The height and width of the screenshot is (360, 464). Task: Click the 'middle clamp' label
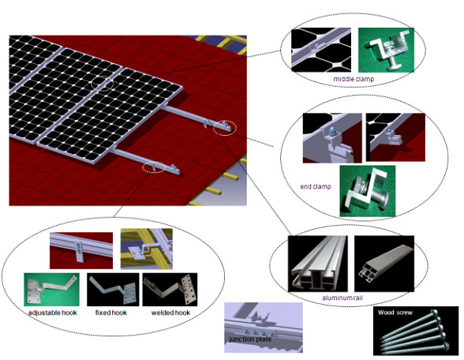click(354, 79)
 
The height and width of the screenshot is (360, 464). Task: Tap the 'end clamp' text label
click(316, 186)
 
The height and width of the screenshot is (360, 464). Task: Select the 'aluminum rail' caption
click(342, 298)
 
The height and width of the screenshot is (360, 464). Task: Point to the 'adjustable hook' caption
click(53, 313)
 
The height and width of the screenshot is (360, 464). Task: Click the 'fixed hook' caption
click(111, 313)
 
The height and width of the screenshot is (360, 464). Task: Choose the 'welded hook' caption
click(170, 313)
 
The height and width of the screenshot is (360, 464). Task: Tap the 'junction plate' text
click(250, 339)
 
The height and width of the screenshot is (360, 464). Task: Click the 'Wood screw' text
click(395, 313)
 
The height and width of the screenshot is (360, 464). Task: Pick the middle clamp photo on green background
click(386, 50)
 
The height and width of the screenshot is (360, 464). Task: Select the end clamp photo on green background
click(368, 191)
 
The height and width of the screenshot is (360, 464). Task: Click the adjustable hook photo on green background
click(52, 290)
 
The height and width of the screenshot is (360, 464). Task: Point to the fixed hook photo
click(113, 290)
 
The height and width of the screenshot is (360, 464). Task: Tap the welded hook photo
click(170, 290)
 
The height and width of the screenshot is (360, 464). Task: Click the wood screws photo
click(416, 331)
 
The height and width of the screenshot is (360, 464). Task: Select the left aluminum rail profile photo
click(318, 264)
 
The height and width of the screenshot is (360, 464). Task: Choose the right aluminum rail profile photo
click(384, 264)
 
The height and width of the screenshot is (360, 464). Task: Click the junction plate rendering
click(264, 328)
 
